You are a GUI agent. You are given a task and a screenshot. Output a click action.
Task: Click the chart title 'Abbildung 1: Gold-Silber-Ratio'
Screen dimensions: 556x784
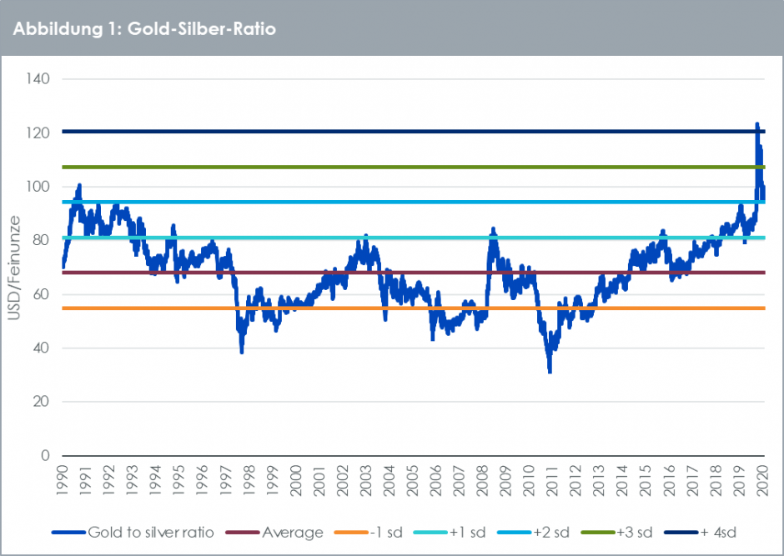[144, 28]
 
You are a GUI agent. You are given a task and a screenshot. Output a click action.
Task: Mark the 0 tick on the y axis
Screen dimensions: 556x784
[46, 456]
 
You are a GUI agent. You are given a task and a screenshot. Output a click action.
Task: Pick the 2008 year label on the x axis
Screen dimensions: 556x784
[482, 481]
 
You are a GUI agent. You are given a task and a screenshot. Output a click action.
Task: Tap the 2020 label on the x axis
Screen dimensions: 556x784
[761, 481]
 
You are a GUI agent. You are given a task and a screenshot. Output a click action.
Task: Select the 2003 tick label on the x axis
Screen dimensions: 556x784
[365, 481]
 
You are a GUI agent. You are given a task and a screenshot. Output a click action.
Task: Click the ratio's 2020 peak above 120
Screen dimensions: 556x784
[756, 124]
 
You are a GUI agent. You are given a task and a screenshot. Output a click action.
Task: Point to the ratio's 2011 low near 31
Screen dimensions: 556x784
[550, 371]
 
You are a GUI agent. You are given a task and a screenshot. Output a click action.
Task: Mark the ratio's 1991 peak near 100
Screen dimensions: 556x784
[79, 185]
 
